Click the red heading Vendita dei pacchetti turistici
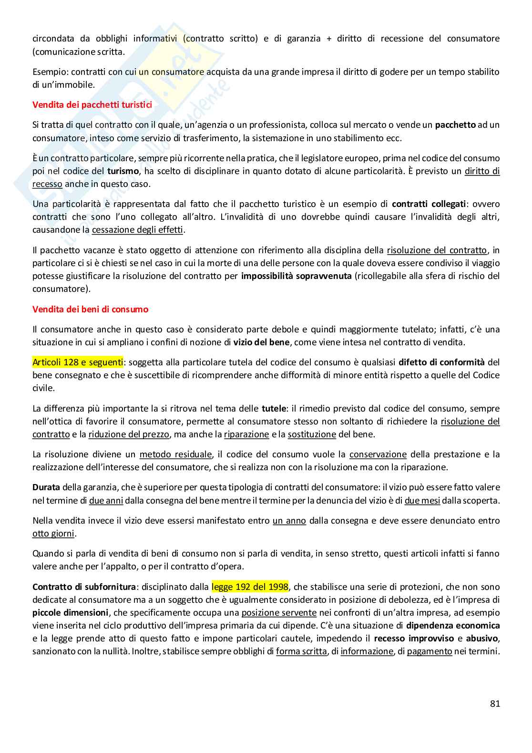pyautogui.click(x=92, y=105)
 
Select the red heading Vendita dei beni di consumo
pyautogui.click(x=90, y=309)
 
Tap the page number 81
pyautogui.click(x=494, y=703)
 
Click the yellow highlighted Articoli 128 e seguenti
pyautogui.click(x=78, y=362)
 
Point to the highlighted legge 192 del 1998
pyautogui.click(x=250, y=587)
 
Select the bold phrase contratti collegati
pyautogui.click(x=429, y=204)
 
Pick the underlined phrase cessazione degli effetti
pyautogui.click(x=137, y=230)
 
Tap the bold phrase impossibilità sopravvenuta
pyautogui.click(x=297, y=276)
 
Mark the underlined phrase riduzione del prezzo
pyautogui.click(x=129, y=434)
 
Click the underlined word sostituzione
pyautogui.click(x=312, y=434)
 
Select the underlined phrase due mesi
pyautogui.click(x=422, y=501)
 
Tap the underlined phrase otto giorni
pyautogui.click(x=53, y=534)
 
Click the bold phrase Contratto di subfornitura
pyautogui.click(x=84, y=587)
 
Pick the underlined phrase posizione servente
pyautogui.click(x=279, y=613)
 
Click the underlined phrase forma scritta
pyautogui.click(x=301, y=651)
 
